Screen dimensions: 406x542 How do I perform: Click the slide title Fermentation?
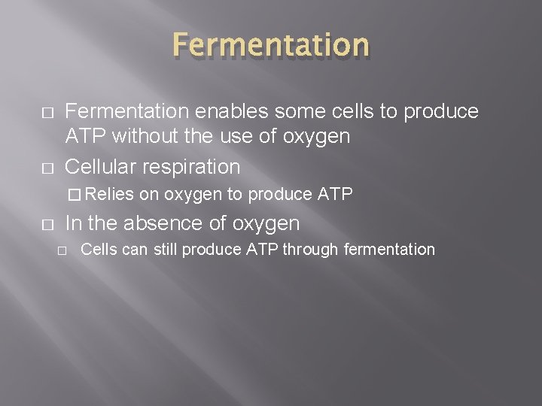coord(271,45)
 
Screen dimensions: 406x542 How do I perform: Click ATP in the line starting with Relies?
coord(336,194)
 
